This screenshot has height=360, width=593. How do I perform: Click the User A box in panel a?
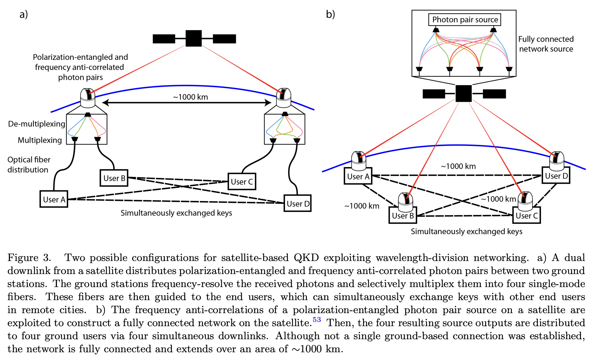[x=54, y=199]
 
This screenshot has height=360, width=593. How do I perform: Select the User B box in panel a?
[x=114, y=178]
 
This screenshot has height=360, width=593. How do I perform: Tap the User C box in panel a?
[x=242, y=182]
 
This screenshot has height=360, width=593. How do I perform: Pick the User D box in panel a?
[x=297, y=204]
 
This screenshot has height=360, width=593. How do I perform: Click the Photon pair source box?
[x=465, y=20]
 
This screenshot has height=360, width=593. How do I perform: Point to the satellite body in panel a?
[x=194, y=38]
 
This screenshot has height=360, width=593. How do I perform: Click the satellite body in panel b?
[x=463, y=93]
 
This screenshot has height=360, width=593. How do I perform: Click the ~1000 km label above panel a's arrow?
[x=190, y=97]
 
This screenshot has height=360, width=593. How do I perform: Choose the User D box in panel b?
[x=556, y=176]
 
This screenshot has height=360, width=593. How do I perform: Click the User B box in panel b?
[x=403, y=215]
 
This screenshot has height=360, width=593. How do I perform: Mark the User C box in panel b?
[x=526, y=215]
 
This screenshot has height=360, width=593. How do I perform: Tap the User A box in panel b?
[x=358, y=176]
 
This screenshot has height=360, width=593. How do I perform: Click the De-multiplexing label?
[x=37, y=124]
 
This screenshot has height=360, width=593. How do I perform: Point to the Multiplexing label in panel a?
[x=40, y=140]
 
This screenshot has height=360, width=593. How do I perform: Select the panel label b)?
[x=330, y=14]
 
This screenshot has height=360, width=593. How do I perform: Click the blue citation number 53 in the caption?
[x=316, y=320]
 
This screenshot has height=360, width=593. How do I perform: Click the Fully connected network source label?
[x=546, y=44]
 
